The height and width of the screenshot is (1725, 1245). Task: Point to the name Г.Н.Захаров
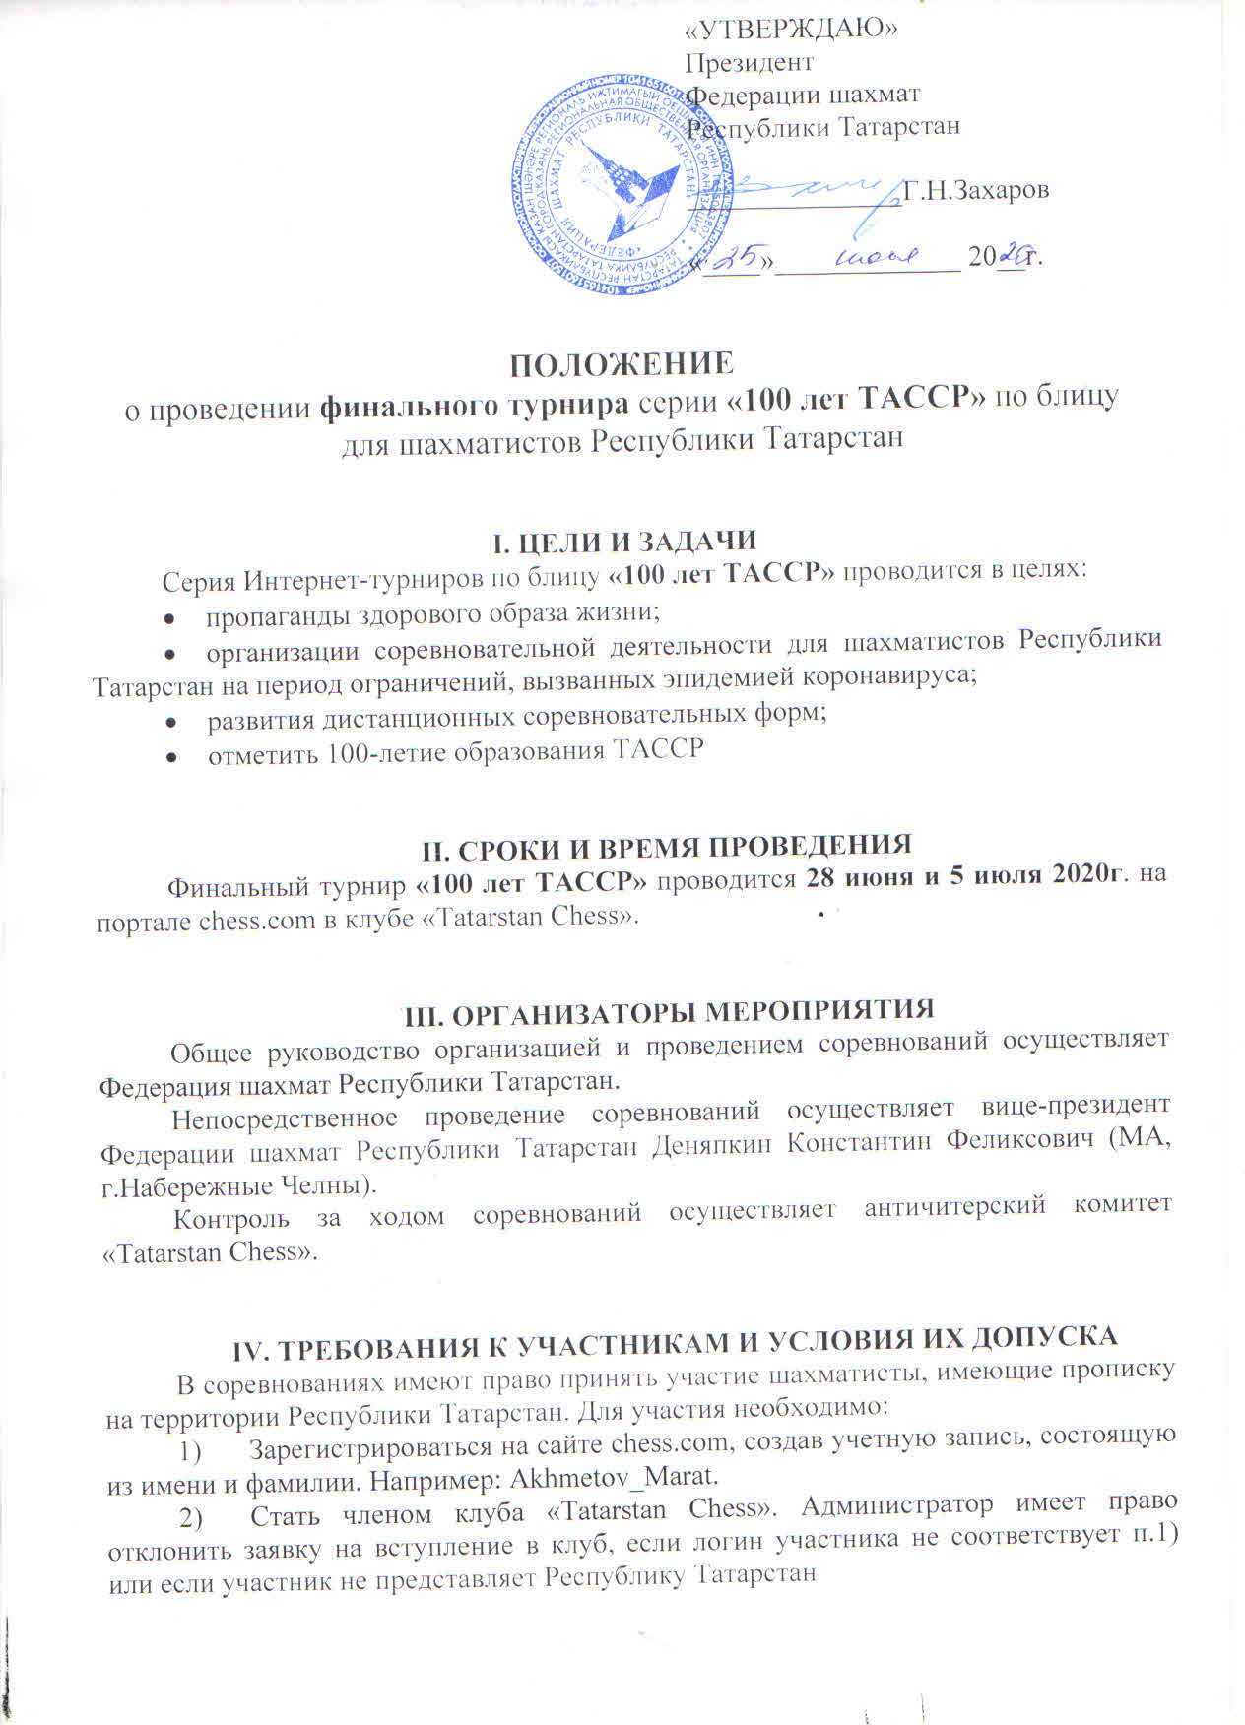[x=975, y=190]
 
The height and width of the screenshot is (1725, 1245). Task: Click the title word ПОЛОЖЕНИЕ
[x=622, y=363]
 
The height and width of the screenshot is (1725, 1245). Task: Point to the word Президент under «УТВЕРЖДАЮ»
[x=749, y=62]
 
